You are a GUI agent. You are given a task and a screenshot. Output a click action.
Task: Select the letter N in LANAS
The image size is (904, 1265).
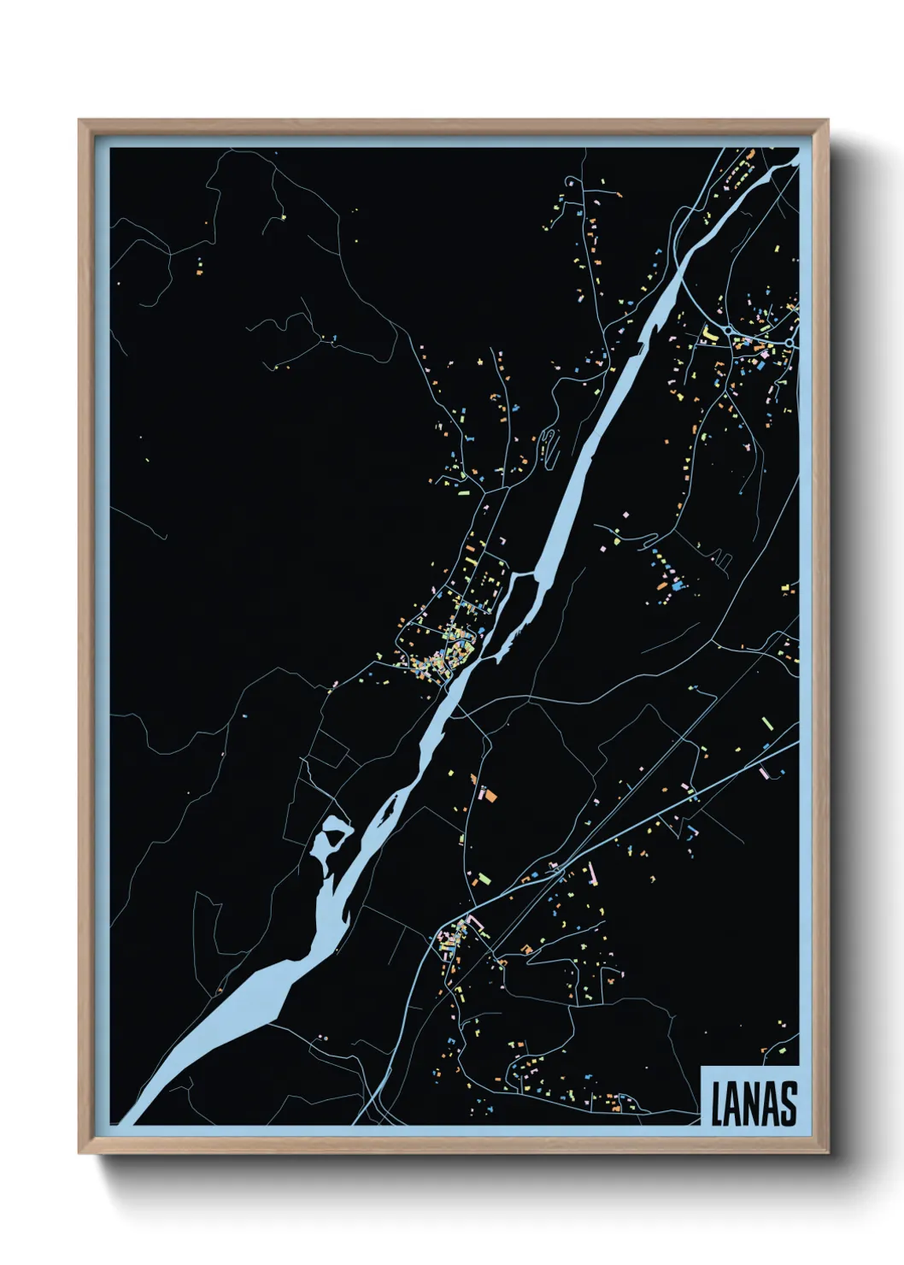tap(753, 1103)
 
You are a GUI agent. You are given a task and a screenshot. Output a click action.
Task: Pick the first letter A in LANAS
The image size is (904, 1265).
tap(736, 1103)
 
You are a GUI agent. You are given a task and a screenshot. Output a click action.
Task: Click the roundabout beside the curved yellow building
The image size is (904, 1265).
tap(728, 330)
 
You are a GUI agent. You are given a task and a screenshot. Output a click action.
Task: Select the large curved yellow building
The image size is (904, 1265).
tap(708, 333)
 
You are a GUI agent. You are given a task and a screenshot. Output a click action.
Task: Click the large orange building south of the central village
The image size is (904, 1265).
tap(491, 795)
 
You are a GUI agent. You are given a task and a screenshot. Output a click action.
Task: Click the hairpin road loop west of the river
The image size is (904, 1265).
tap(551, 445)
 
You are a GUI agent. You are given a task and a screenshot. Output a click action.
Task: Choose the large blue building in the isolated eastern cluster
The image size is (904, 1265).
tap(678, 586)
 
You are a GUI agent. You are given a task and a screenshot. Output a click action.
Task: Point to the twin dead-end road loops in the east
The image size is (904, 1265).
tap(724, 562)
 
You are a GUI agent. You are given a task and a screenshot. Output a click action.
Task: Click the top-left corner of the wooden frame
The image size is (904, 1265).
tap(79, 121)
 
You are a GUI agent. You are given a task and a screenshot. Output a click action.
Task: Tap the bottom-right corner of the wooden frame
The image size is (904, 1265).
tap(828, 1153)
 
